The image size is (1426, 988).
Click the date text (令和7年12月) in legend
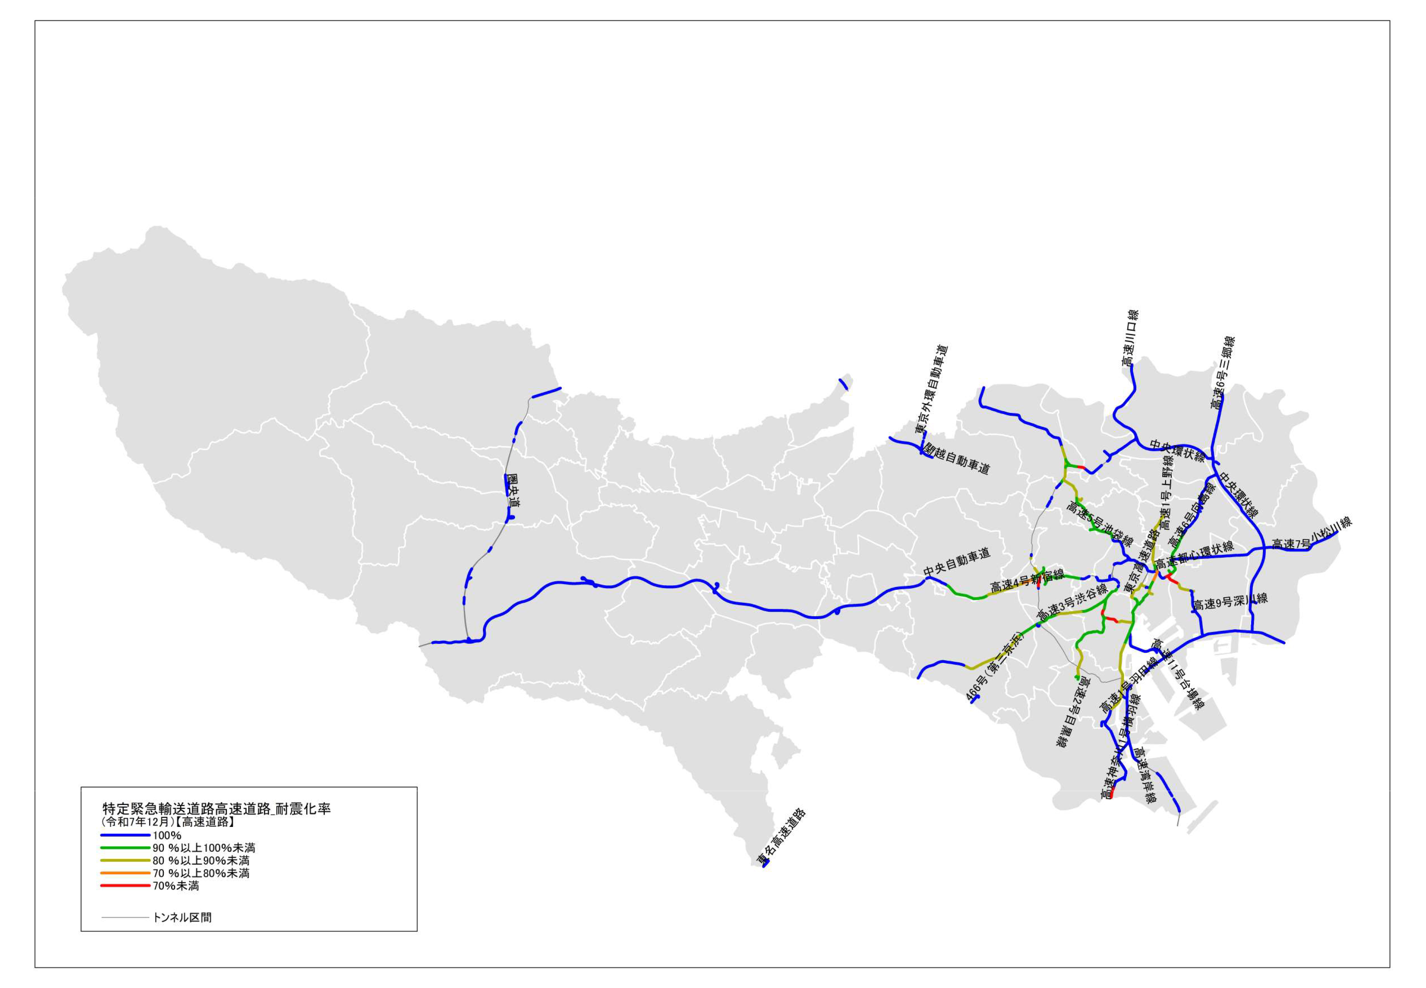pyautogui.click(x=135, y=822)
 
